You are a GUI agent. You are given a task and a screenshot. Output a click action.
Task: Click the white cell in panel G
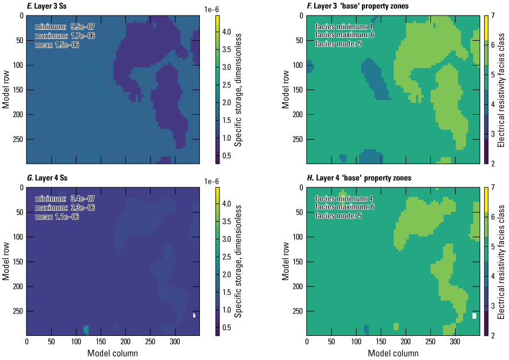click(194, 315)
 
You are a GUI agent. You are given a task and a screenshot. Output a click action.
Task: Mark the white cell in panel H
click(475, 316)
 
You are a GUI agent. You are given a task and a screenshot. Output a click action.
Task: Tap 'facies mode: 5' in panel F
click(338, 44)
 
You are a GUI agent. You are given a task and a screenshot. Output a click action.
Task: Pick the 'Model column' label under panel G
click(113, 353)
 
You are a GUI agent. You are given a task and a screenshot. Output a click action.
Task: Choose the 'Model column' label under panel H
click(393, 353)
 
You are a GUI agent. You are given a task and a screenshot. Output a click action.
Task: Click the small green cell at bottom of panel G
click(86, 330)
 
